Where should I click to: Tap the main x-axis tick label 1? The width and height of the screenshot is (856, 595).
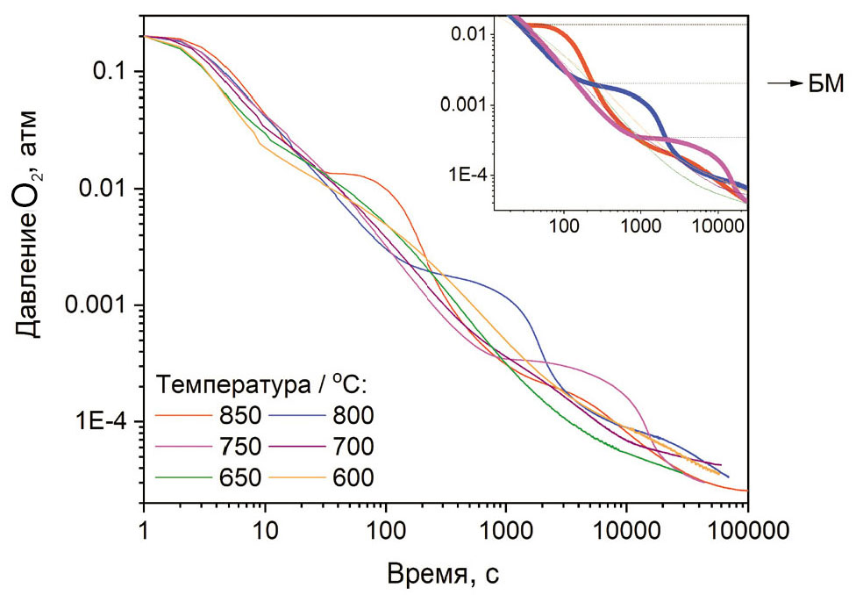143,529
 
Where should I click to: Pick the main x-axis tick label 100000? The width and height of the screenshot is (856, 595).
747,529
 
